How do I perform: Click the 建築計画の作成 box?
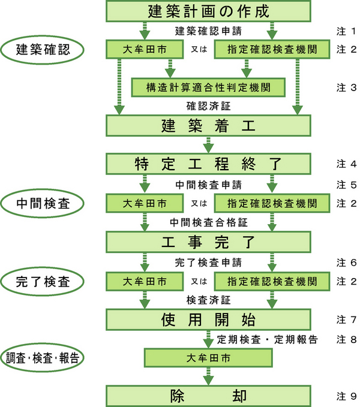coord(209,11)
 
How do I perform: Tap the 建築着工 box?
coord(209,126)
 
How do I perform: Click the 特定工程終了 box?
coord(209,164)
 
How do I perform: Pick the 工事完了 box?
coord(209,243)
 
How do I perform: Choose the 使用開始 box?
coord(209,318)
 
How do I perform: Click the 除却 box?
coord(209,396)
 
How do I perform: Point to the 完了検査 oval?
coord(43,282)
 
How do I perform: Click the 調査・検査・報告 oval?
coord(43,358)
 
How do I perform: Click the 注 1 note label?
coord(346,30)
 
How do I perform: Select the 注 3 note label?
coord(346,88)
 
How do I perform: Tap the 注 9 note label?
coord(346,396)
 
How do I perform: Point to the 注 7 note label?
coord(346,319)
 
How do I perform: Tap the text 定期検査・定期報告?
coord(265,339)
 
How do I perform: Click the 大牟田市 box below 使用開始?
coord(208,358)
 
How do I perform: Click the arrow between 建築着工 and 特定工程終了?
coord(209,145)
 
